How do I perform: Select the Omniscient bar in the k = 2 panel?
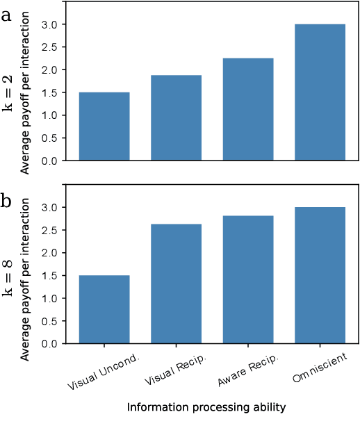320,92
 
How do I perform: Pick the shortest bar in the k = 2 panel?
104,126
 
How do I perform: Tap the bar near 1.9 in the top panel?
176,118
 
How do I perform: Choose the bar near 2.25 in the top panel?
248,109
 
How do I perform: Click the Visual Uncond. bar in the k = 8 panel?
104,309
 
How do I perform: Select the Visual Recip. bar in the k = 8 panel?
176,284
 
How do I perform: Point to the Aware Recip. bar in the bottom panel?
248,279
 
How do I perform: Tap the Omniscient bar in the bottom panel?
320,275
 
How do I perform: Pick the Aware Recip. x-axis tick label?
248,374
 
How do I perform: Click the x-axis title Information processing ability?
206,408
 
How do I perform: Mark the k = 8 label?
8,275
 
